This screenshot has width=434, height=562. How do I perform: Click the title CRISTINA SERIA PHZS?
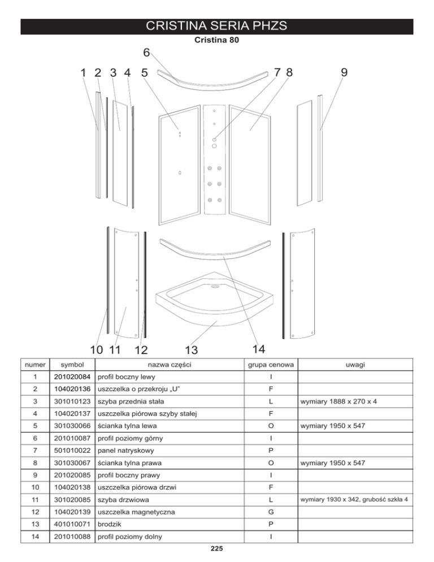pos(217,26)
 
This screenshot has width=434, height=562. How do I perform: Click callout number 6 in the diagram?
pos(146,53)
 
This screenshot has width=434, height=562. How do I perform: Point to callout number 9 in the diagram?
pos(344,72)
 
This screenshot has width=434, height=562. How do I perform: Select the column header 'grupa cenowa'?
pos(271,366)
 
